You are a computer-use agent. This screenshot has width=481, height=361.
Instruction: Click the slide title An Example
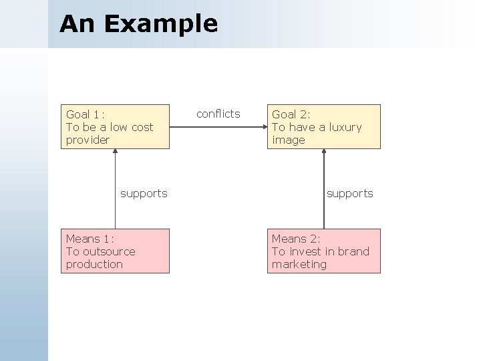pyautogui.click(x=138, y=23)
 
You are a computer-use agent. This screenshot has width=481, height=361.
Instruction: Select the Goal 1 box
pyautogui.click(x=116, y=126)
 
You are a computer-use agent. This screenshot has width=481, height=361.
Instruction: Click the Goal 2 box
pyautogui.click(x=324, y=126)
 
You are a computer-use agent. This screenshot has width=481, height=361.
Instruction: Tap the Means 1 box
pyautogui.click(x=116, y=251)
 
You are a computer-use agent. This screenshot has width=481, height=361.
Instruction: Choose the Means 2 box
pyautogui.click(x=324, y=251)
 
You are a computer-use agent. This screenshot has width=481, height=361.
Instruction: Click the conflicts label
pyautogui.click(x=218, y=114)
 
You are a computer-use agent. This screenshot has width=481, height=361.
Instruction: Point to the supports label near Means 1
pyautogui.click(x=144, y=193)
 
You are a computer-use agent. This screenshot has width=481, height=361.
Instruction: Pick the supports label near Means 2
pyautogui.click(x=349, y=193)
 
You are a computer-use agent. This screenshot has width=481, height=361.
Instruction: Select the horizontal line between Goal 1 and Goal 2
pyautogui.click(x=218, y=126)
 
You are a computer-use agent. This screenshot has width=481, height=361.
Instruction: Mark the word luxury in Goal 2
pyautogui.click(x=345, y=127)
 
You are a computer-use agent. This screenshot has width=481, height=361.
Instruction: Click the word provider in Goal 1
pyautogui.click(x=88, y=140)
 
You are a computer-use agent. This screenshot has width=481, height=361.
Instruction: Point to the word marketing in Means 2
pyautogui.click(x=299, y=265)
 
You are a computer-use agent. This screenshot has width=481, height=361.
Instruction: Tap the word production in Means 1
pyautogui.click(x=94, y=265)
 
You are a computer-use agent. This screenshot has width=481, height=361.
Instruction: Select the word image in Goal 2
pyautogui.click(x=288, y=140)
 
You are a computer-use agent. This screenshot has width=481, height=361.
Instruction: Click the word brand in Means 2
pyautogui.click(x=353, y=251)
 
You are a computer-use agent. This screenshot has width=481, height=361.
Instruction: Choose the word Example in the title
pyautogui.click(x=161, y=23)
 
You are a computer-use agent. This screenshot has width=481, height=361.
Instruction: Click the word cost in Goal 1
pyautogui.click(x=141, y=127)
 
